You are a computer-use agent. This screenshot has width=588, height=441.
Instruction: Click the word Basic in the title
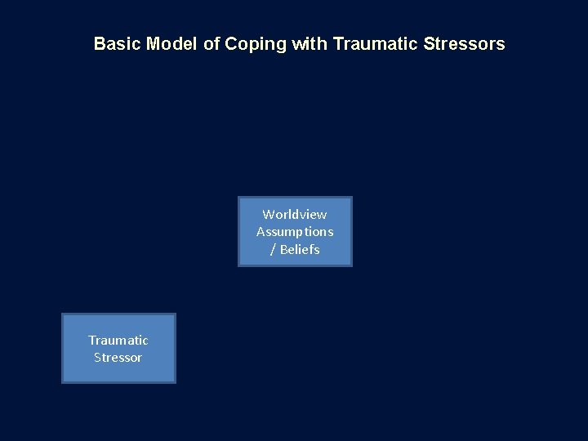click(118, 44)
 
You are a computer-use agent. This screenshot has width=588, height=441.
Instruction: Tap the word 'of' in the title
click(212, 44)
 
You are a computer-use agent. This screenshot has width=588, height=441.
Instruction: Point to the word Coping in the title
click(256, 44)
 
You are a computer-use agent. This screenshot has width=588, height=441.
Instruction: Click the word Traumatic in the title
click(375, 44)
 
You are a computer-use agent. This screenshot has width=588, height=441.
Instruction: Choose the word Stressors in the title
click(464, 44)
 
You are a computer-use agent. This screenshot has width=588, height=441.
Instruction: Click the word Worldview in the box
click(295, 214)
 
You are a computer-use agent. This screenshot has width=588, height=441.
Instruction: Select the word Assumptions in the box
click(295, 232)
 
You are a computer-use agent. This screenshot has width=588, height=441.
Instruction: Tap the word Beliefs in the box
click(300, 250)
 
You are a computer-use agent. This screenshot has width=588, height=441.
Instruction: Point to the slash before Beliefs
click(273, 250)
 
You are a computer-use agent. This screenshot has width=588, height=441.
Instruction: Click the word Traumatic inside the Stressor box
click(118, 340)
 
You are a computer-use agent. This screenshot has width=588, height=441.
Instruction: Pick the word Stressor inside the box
click(118, 358)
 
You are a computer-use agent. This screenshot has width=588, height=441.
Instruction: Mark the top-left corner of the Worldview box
click(238, 198)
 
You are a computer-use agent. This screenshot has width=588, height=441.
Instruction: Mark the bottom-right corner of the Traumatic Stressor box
click(175, 382)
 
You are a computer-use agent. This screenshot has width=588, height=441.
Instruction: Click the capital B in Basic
click(99, 44)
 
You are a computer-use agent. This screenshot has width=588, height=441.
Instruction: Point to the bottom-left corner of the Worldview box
click(238, 265)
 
